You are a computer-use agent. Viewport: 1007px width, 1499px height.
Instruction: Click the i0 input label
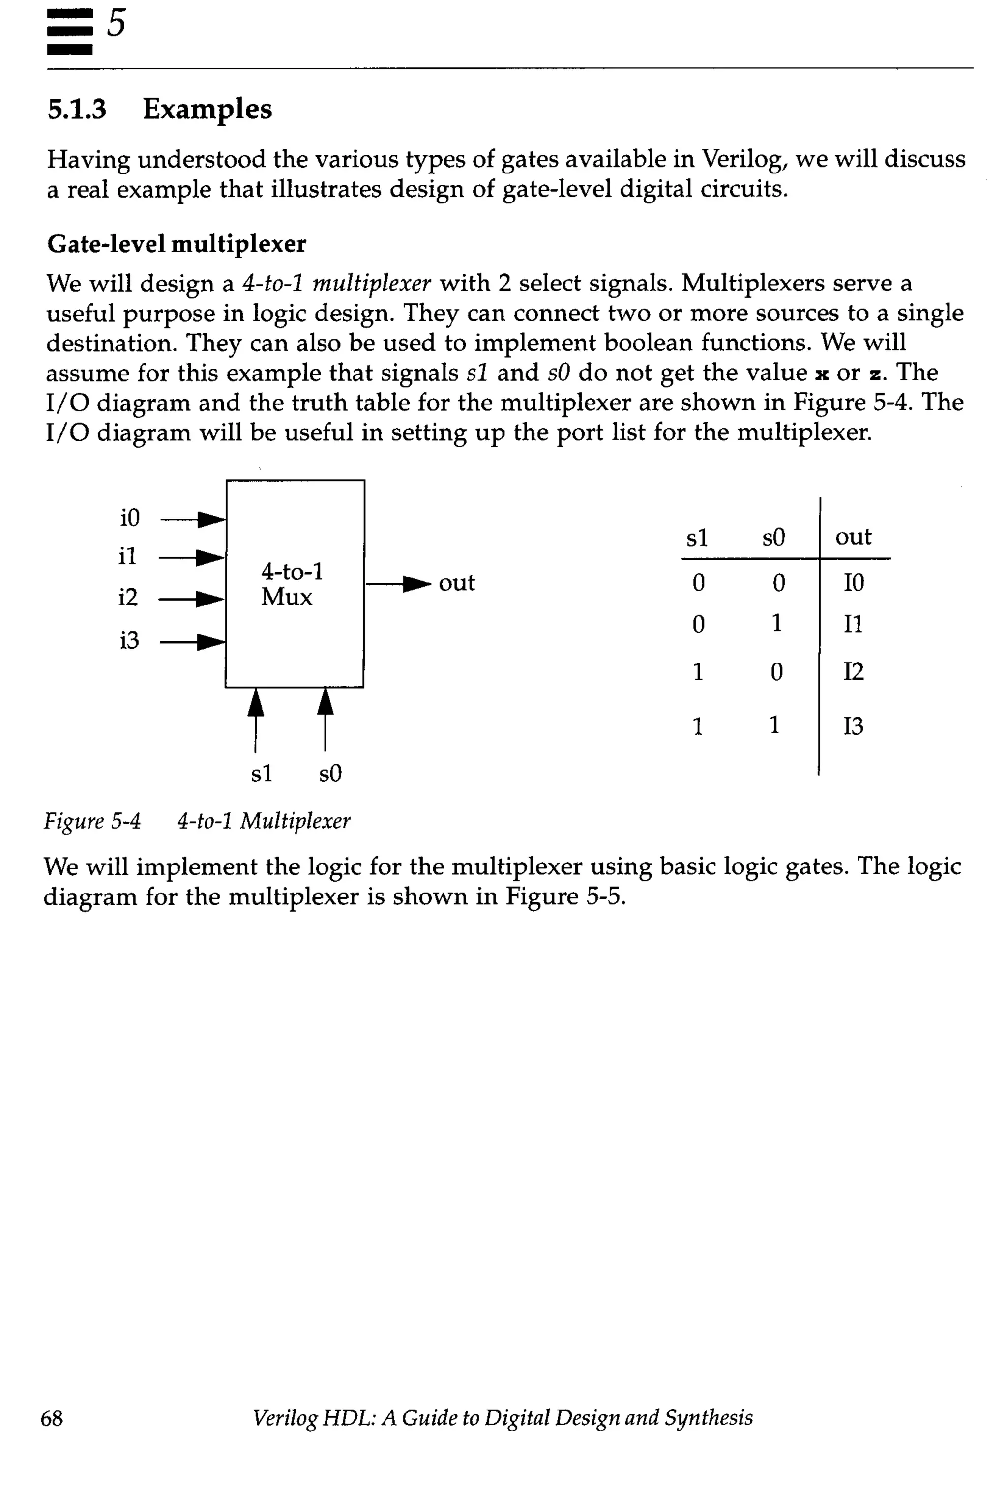130,518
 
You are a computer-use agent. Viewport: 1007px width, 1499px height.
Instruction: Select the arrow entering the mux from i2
192,600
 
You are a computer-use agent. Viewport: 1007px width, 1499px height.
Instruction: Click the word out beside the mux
457,583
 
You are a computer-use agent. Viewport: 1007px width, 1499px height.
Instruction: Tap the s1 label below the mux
262,774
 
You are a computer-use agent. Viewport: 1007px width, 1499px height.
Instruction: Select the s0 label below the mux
330,774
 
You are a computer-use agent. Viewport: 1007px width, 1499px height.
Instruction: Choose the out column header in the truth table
853,537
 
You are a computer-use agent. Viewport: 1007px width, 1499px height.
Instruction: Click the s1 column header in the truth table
697,537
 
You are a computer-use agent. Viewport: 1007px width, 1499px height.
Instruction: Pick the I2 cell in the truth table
853,671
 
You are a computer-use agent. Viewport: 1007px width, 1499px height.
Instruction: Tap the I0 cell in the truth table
854,583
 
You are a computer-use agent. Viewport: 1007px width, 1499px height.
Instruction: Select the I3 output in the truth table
853,726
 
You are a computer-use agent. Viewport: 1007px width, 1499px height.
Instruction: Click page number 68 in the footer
52,1417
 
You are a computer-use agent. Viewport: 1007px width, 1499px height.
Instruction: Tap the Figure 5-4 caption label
92,821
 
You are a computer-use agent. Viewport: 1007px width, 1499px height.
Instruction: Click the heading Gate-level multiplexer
177,244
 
